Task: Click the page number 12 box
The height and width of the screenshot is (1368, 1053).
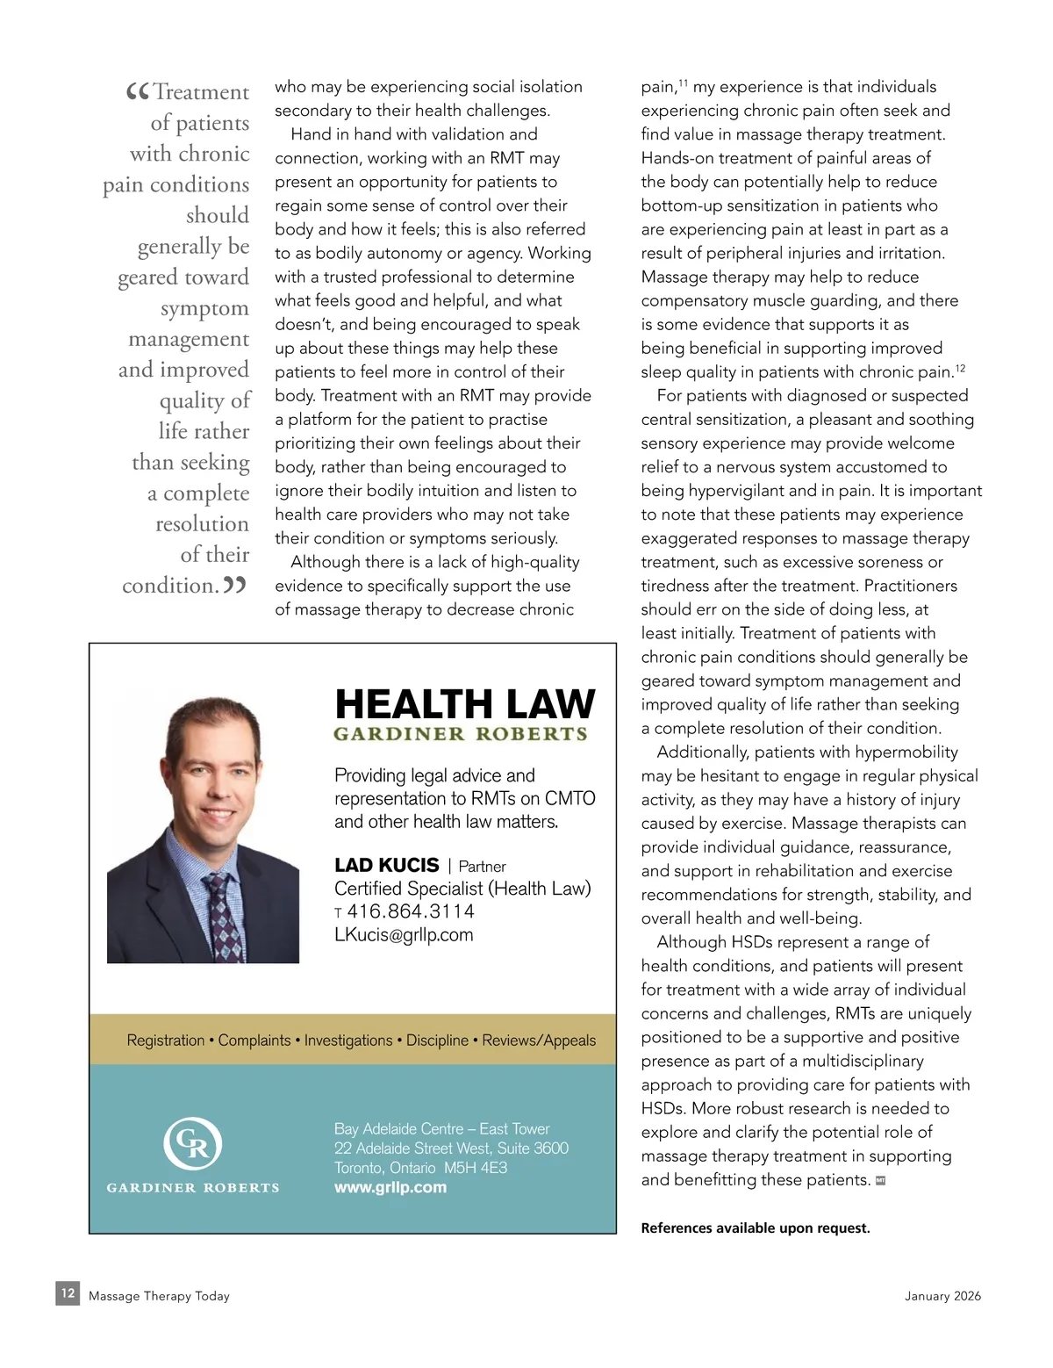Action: click(68, 1293)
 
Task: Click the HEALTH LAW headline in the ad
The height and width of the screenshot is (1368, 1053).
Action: click(464, 704)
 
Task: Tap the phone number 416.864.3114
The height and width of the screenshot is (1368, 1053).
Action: click(411, 911)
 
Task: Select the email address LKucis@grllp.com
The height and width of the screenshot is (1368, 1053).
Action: click(404, 935)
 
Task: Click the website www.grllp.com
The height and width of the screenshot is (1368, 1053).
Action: click(390, 1187)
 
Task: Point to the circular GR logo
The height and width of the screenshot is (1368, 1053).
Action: click(192, 1143)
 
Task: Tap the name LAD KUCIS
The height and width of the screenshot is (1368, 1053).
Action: click(387, 866)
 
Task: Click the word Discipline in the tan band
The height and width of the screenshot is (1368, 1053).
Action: click(437, 1040)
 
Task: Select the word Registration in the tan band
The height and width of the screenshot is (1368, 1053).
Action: click(166, 1040)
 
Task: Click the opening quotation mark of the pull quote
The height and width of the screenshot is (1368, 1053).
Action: click(138, 91)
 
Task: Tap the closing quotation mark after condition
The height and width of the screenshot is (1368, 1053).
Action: click(234, 585)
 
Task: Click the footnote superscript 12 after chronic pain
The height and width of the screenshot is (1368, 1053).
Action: click(960, 368)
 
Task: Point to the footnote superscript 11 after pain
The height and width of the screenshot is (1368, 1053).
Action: click(683, 83)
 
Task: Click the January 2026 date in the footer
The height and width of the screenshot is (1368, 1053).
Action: click(942, 1296)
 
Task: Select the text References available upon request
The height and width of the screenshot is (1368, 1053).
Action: click(756, 1228)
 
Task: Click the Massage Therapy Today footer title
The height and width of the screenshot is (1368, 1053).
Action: click(159, 1296)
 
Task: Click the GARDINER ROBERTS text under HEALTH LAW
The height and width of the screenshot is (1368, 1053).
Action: click(461, 734)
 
